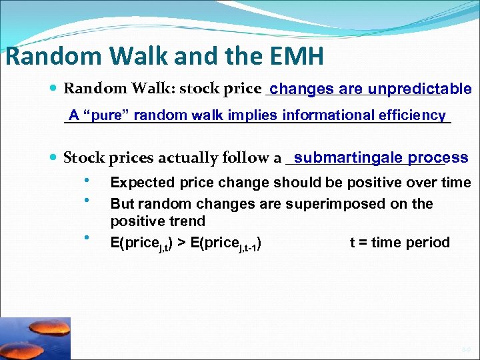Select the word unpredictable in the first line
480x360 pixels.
tap(419, 89)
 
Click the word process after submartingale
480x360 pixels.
tap(438, 157)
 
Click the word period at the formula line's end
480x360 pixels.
tap(426, 243)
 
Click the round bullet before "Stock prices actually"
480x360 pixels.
tap(53, 158)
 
